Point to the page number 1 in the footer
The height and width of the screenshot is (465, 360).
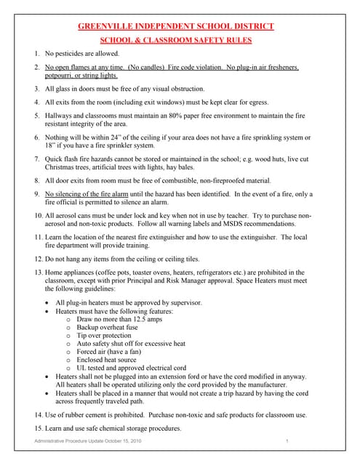point(287,442)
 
